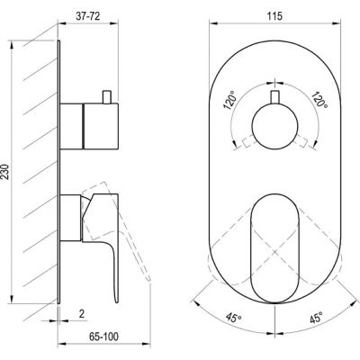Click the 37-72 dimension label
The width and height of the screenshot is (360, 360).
[x=87, y=16]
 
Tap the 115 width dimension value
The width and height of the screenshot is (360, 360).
[x=275, y=16]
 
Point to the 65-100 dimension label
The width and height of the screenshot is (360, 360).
[x=103, y=337]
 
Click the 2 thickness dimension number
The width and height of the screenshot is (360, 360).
[x=82, y=314]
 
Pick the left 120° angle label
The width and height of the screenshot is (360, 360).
[x=230, y=102]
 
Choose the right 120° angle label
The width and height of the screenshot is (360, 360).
[x=319, y=101]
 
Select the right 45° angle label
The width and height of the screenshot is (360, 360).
[x=316, y=318]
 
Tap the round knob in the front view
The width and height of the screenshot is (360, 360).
[x=274, y=126]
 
